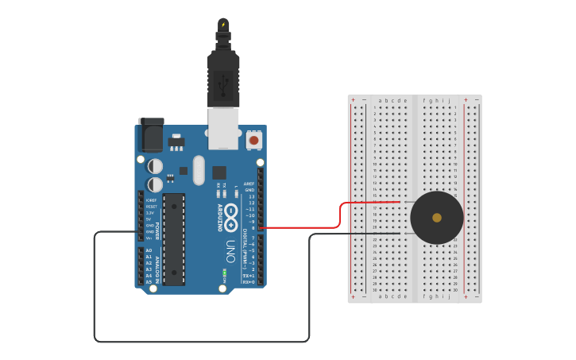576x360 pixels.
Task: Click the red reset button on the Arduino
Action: click(254, 140)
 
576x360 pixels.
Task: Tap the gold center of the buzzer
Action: click(437, 217)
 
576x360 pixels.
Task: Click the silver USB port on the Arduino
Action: click(223, 128)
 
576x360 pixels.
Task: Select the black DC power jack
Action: click(150, 134)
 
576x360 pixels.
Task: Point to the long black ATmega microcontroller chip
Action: click(174, 238)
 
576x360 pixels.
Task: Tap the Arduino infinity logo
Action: click(231, 214)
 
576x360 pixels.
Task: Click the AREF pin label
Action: click(249, 184)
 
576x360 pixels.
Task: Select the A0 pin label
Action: click(149, 250)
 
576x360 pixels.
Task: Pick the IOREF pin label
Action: click(151, 200)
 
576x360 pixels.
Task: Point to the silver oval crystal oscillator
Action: click(199, 169)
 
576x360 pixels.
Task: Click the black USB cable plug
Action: click(223, 79)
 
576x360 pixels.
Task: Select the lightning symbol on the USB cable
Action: click(223, 25)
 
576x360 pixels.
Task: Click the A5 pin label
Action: click(149, 282)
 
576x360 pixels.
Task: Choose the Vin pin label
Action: click(149, 238)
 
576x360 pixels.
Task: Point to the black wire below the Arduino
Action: click(199, 342)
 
